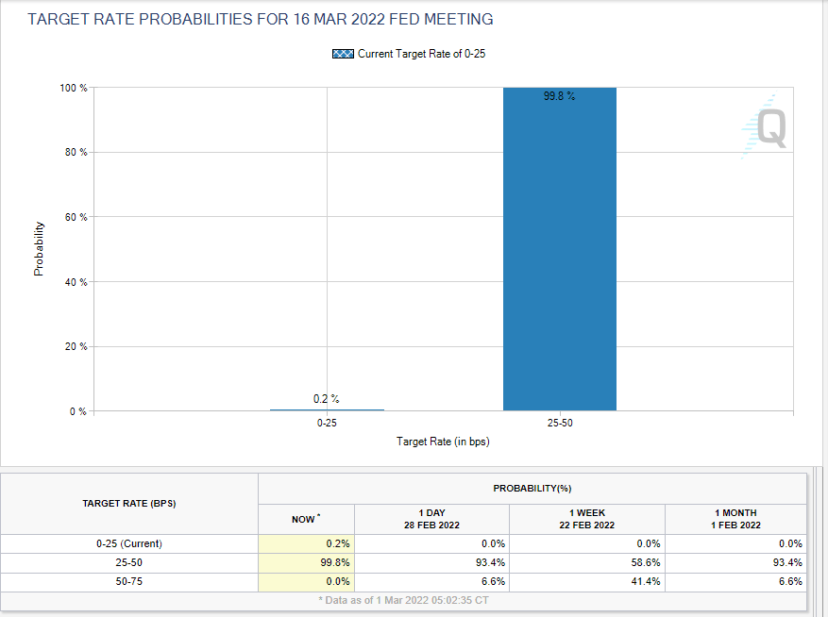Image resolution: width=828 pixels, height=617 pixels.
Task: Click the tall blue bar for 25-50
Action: click(x=559, y=255)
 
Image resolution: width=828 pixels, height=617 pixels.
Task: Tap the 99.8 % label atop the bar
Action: click(x=559, y=96)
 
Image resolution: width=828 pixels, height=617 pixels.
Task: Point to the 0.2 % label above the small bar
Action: click(x=327, y=399)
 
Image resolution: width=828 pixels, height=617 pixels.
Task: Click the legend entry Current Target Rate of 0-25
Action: click(x=409, y=54)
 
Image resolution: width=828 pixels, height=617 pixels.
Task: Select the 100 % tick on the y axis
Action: click(x=74, y=88)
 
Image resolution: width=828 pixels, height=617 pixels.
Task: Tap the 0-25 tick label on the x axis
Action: click(x=327, y=424)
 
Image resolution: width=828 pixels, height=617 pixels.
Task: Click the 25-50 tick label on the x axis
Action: click(x=559, y=424)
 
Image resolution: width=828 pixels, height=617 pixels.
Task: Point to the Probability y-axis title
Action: click(x=39, y=248)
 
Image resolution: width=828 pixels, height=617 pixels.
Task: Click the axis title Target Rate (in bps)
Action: click(x=443, y=442)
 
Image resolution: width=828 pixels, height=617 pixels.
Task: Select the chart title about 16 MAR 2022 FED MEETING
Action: click(x=261, y=20)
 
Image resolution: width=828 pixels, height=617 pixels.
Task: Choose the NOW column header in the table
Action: click(x=304, y=519)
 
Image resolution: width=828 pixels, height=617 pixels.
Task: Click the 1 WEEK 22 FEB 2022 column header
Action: click(x=587, y=518)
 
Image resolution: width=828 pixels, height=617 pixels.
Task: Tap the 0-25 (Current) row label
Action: click(x=129, y=543)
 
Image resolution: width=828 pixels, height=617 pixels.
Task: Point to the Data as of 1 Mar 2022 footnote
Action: click(x=403, y=600)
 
